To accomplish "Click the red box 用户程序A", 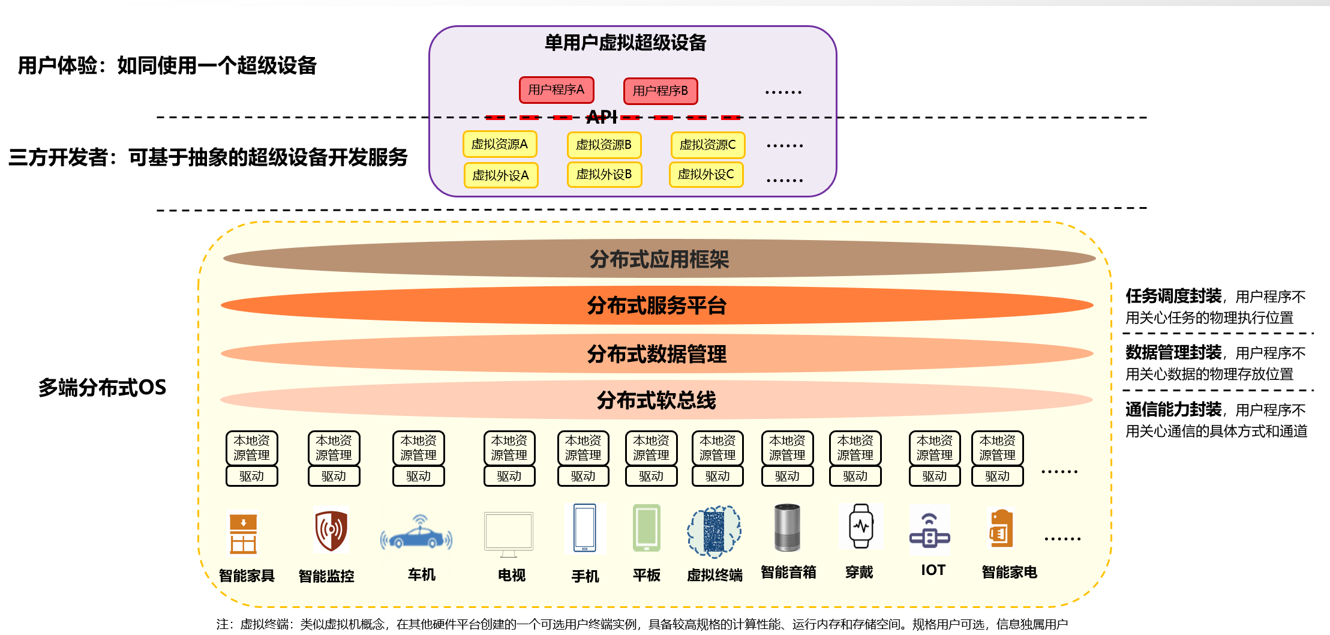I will coord(556,90).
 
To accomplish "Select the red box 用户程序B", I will coord(660,91).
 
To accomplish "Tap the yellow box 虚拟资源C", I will coord(707,145).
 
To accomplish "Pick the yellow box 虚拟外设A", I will coord(500,175).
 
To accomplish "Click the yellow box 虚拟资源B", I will coord(604,145).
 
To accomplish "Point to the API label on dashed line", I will coord(602,117).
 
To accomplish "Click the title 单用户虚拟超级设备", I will coord(625,43).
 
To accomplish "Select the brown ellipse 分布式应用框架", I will coord(659,259).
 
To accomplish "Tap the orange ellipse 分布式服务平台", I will coord(656,305).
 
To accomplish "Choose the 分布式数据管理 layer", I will coord(656,354).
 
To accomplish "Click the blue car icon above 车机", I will coord(417,534).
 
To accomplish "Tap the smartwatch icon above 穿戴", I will coord(861,526).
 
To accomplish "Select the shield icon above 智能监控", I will coord(331,531).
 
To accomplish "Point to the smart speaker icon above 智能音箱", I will coord(787,528).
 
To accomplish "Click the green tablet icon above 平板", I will coord(647,528).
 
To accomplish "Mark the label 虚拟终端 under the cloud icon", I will coord(714,575).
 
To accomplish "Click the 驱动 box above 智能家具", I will coord(251,476).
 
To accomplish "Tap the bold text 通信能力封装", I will coord(1173,410).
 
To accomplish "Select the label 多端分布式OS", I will coord(102,388).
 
